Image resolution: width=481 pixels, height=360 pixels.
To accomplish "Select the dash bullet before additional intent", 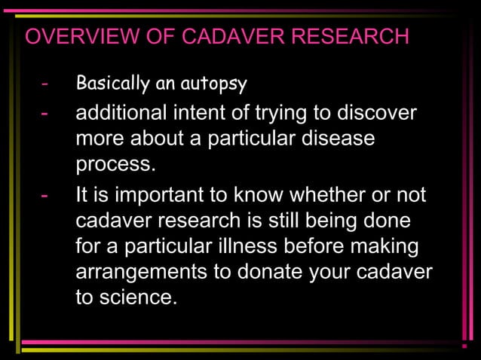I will click(46, 114).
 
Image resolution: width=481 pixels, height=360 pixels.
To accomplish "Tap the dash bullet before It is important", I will click(46, 196).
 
